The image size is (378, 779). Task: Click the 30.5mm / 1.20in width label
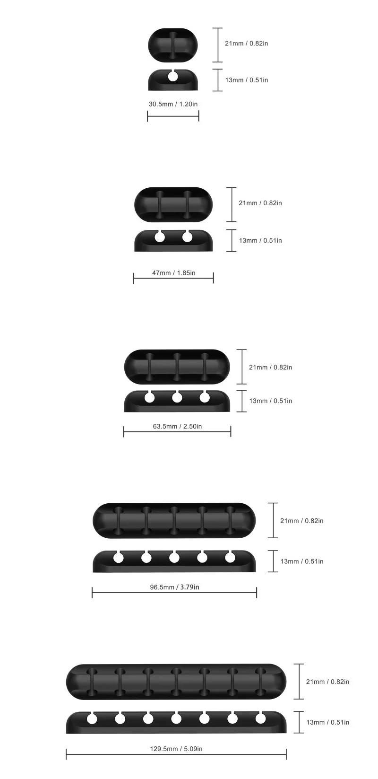click(x=173, y=104)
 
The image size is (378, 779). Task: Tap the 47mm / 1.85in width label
click(x=174, y=272)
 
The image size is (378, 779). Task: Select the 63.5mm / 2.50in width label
click(x=177, y=426)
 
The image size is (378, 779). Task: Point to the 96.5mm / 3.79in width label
click(x=174, y=587)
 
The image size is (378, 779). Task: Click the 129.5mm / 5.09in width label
click(x=176, y=748)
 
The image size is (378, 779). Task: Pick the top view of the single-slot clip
click(x=173, y=45)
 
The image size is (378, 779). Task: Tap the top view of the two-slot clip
click(x=174, y=204)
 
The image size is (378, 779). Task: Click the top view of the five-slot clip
click(x=174, y=520)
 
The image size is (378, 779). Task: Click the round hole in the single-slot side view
click(x=173, y=76)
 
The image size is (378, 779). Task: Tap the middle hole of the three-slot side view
click(x=177, y=398)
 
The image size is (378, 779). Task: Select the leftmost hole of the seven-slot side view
click(x=92, y=719)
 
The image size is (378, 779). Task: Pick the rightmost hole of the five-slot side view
click(x=230, y=558)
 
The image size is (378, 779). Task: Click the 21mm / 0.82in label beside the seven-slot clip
click(x=327, y=682)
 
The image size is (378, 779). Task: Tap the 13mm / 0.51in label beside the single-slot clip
click(x=246, y=80)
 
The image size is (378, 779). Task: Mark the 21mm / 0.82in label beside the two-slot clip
click(x=260, y=203)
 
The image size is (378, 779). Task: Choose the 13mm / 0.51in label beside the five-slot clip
click(x=302, y=561)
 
